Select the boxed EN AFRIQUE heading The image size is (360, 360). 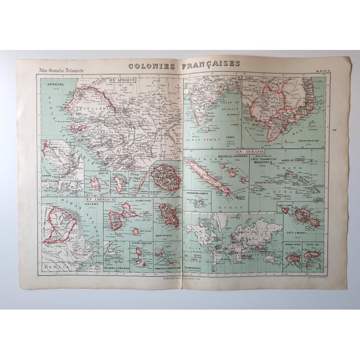click(x=117, y=80)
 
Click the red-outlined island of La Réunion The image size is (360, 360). click(x=165, y=177)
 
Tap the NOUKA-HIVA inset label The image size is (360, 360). click(x=292, y=245)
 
